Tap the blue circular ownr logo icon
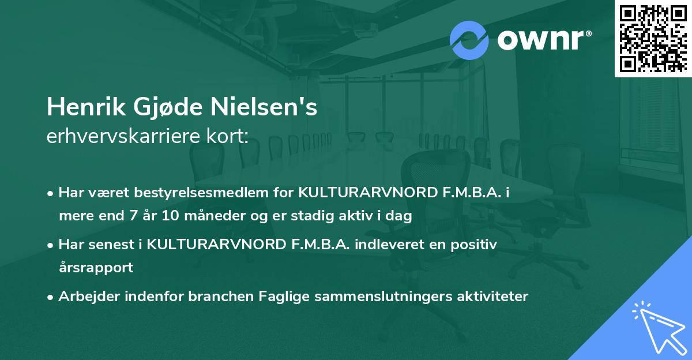469,39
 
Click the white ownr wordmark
543,39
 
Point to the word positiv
474,245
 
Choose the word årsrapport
96,268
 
